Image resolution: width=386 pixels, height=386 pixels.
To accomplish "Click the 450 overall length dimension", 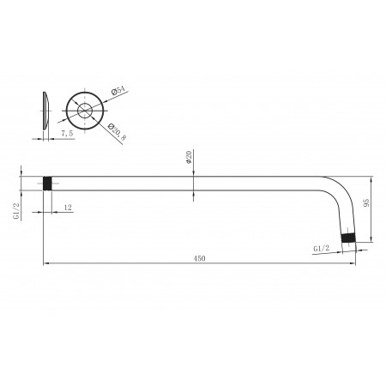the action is coord(199,258).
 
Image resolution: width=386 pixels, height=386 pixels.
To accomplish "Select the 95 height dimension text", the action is coord(366,202).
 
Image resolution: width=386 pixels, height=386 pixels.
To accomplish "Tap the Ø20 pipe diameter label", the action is coord(188,157).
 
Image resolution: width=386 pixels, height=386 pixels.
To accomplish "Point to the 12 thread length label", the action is coord(68,208).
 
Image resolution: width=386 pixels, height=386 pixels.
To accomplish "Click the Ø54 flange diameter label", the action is coord(118,90).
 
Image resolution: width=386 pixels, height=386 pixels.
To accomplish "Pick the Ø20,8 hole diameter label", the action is coord(117,132).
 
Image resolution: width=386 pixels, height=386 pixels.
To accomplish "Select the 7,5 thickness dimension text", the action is coord(67,133).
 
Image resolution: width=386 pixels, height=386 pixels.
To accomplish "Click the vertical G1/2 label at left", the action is coord(16,211).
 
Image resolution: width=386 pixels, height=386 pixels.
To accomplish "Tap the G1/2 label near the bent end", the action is coord(322,248).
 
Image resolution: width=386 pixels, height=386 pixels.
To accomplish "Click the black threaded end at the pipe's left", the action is coord(47,184).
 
